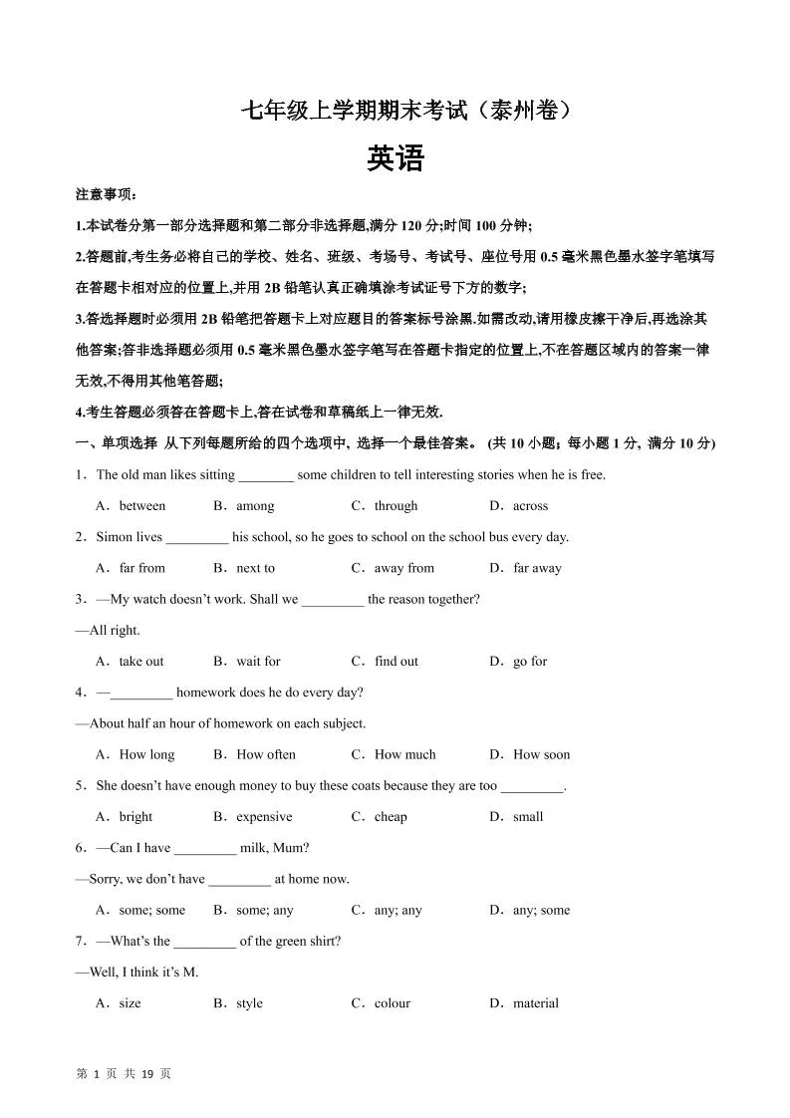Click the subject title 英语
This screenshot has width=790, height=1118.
(395, 159)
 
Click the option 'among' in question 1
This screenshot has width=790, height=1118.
(255, 506)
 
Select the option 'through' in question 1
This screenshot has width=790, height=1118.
(395, 506)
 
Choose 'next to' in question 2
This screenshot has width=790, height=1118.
(255, 568)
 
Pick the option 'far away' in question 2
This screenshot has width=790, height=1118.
(537, 568)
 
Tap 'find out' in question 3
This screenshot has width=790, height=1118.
(396, 662)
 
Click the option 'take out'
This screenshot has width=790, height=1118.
(141, 662)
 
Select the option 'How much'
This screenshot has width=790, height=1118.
(405, 755)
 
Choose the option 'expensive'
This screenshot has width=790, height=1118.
(264, 817)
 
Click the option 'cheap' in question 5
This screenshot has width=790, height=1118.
(391, 817)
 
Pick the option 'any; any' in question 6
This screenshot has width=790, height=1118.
(397, 910)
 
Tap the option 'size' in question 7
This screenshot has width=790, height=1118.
(130, 1003)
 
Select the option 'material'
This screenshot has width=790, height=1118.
(536, 1003)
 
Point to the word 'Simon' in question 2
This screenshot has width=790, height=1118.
(114, 537)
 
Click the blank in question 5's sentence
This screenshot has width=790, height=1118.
(532, 787)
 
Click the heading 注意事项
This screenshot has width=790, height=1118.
(107, 194)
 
